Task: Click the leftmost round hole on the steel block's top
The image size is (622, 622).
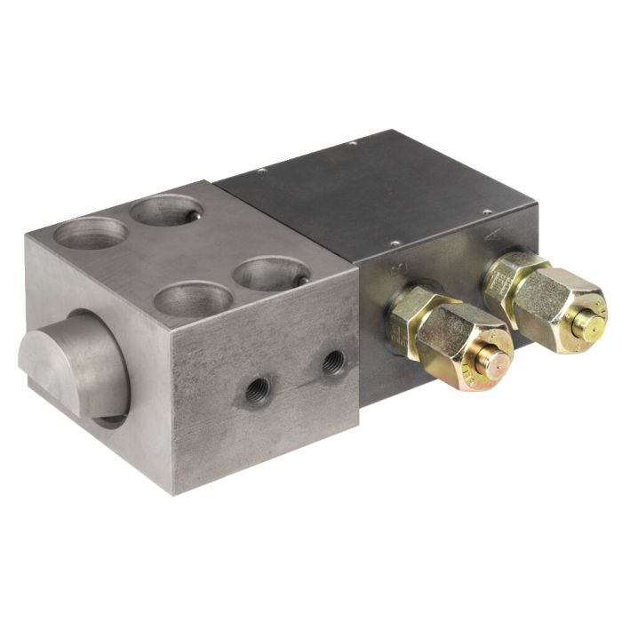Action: (x=89, y=234)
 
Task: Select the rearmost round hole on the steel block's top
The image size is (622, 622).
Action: (x=165, y=211)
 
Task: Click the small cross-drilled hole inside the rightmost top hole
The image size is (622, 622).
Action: (x=300, y=280)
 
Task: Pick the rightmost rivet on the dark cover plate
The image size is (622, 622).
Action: (x=487, y=211)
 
